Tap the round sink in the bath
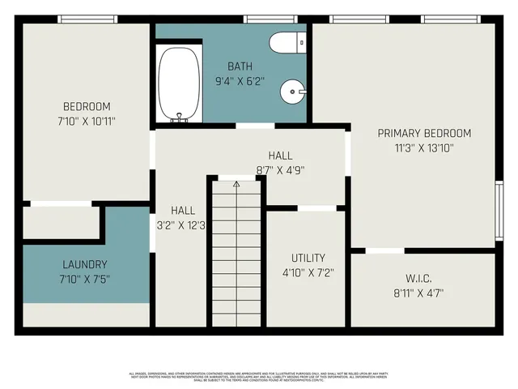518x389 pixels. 293,92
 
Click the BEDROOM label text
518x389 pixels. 87,106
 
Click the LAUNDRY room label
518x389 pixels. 85,264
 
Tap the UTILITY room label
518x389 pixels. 308,258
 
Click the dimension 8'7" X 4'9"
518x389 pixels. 280,170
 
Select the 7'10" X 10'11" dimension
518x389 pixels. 87,122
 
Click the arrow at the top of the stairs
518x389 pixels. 236,185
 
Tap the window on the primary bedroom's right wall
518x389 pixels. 499,209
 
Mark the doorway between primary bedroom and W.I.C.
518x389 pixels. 385,250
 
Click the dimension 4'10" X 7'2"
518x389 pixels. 308,273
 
